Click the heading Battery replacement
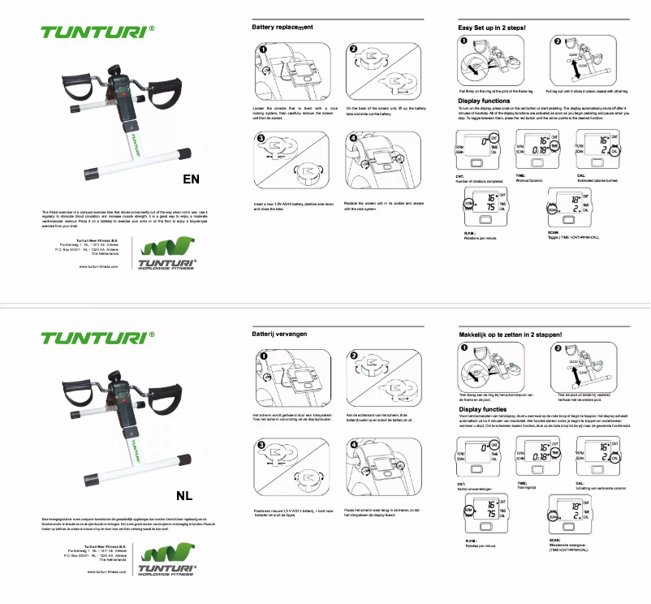click(282, 28)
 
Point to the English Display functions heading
click(484, 101)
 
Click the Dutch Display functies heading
click(481, 411)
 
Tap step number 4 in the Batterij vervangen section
click(354, 445)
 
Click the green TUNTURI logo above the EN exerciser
click(95, 33)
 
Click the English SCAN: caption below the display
click(554, 232)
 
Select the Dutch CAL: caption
click(582, 484)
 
